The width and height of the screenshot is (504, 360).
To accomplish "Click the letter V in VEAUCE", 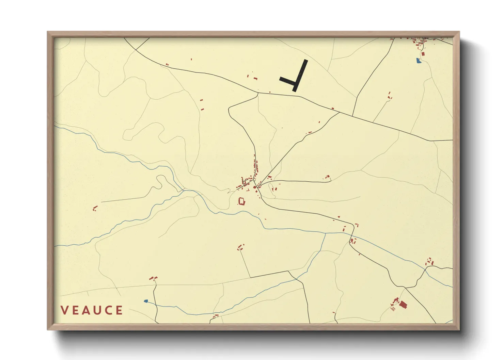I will pos(64,310).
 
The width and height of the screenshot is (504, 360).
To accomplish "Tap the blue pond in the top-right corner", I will pos(419,61).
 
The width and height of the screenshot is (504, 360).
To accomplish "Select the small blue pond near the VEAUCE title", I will pos(146,301).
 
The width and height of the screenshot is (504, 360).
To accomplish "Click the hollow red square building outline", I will pos(241,201).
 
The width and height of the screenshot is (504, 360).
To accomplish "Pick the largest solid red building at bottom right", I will pos(403,304).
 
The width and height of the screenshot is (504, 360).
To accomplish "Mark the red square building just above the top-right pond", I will pos(423,54).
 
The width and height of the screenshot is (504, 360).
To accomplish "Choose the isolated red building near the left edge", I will pos(95,208).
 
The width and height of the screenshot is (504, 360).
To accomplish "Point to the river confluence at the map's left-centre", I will pos(184,190).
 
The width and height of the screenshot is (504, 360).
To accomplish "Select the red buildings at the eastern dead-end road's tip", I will pos(327,177).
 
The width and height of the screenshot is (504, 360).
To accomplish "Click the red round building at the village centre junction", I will pos(254,187).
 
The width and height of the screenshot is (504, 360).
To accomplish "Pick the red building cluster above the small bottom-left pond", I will pos(153,278).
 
